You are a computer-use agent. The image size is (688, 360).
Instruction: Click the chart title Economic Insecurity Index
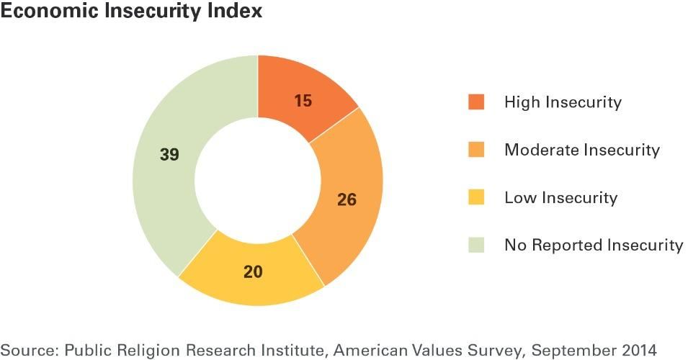point(131,12)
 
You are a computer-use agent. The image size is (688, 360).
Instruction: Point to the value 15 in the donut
point(303,101)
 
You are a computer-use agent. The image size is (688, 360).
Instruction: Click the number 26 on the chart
point(347,199)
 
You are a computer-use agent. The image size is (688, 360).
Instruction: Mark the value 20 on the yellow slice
point(253,272)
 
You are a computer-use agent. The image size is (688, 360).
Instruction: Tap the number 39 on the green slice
point(169,155)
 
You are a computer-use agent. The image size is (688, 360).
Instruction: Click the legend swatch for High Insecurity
point(476,102)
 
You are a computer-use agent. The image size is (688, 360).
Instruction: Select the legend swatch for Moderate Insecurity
point(476,150)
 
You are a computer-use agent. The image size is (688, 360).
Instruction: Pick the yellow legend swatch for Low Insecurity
point(476,197)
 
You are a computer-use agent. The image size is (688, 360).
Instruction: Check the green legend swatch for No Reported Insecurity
point(476,245)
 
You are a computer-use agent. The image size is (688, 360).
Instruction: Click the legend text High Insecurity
point(563,102)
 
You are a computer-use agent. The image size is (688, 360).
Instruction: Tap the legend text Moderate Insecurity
point(581,150)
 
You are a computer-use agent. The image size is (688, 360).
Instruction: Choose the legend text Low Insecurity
point(560,197)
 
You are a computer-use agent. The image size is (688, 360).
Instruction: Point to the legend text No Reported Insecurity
point(594,245)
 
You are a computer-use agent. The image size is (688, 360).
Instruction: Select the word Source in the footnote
point(28,350)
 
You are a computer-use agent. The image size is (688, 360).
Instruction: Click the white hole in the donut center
point(258,180)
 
